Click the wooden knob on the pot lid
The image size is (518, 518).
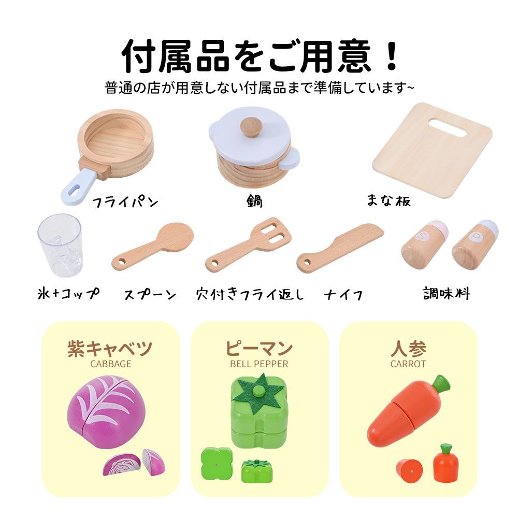[252, 127]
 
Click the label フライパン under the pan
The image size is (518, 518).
[125, 202]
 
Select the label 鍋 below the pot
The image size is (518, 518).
[254, 201]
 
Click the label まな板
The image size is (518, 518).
[388, 201]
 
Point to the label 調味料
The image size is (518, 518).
[446, 294]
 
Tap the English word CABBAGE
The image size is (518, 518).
[111, 364]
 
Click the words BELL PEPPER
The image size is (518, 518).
[259, 364]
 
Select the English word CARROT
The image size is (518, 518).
[408, 364]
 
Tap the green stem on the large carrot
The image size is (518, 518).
[440, 384]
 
